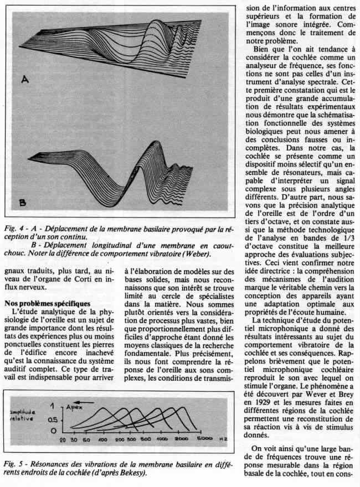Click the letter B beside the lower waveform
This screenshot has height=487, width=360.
(22, 204)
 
